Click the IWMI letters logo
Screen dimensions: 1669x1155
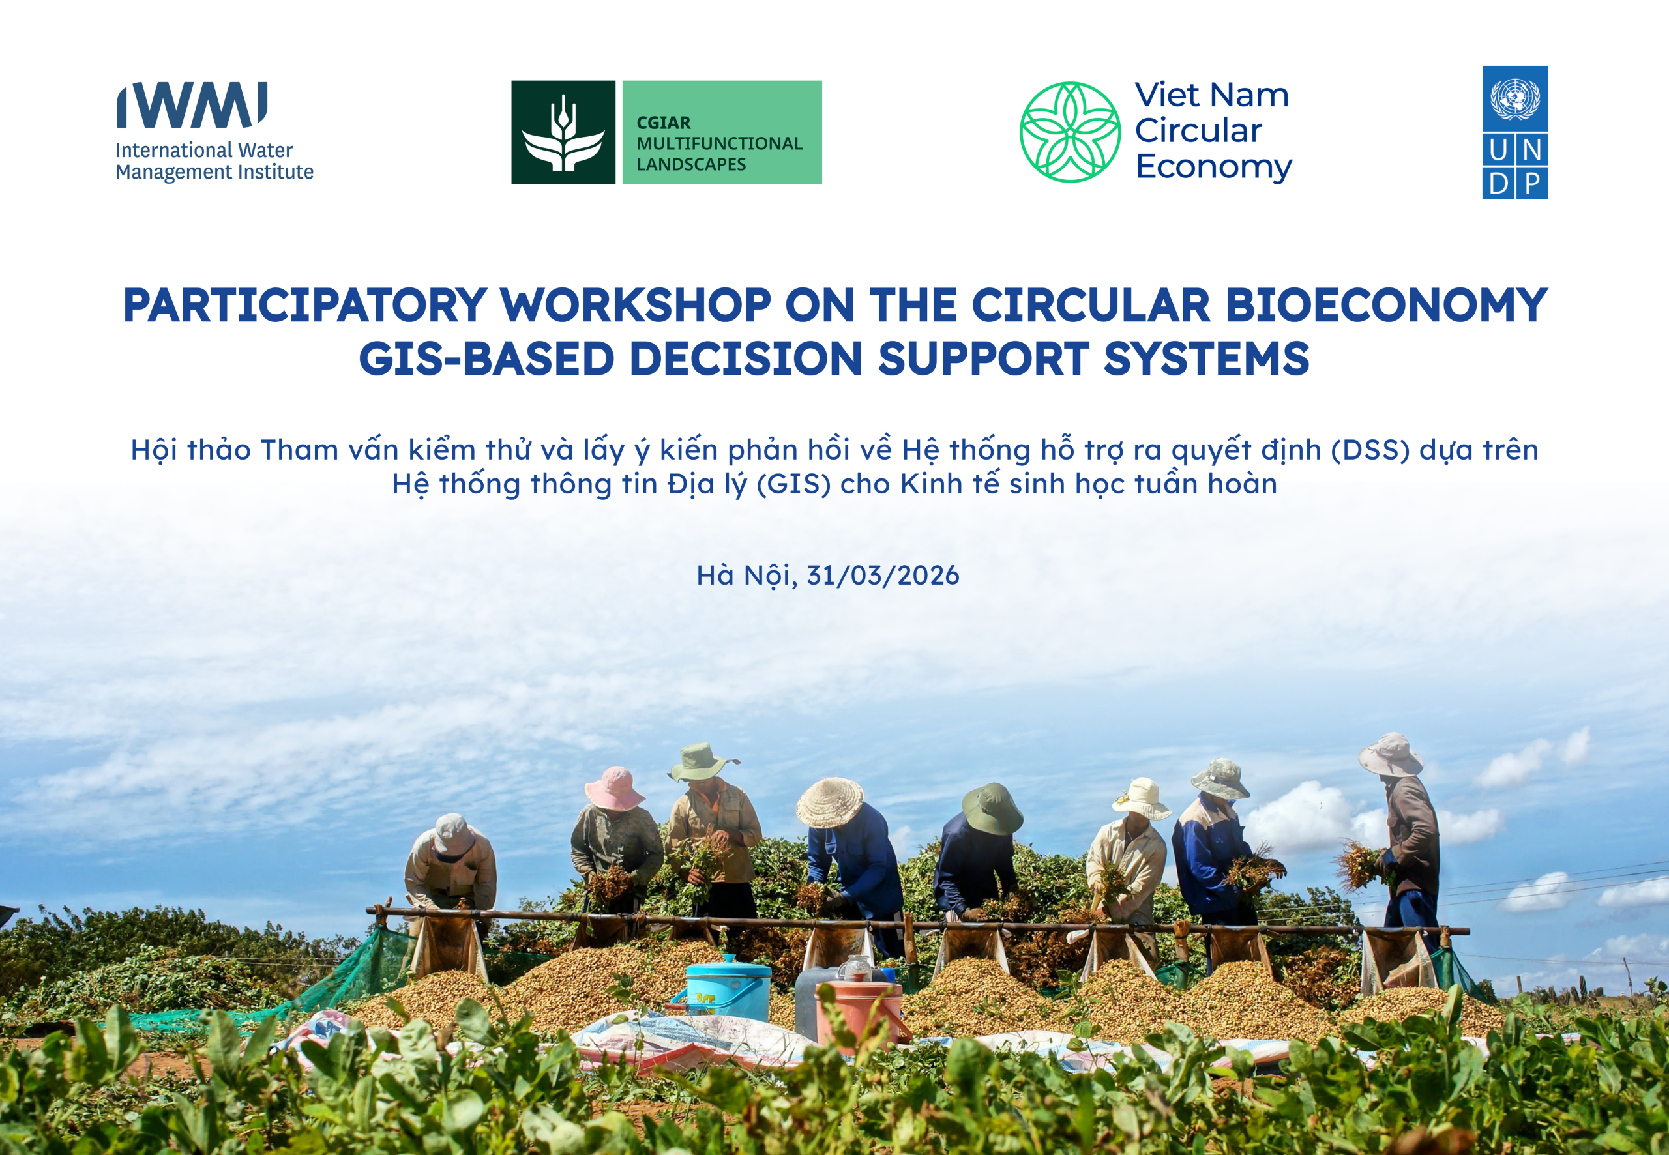click(192, 105)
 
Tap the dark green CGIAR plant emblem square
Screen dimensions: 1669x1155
click(563, 132)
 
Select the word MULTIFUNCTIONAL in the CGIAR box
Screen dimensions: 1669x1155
click(719, 143)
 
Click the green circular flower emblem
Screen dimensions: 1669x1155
click(1070, 132)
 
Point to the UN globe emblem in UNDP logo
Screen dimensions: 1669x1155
click(1515, 98)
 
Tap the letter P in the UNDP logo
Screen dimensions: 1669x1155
click(1531, 184)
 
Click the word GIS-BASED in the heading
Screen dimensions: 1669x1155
click(486, 359)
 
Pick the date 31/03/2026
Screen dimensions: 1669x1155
click(882, 576)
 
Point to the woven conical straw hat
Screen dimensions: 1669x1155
click(829, 802)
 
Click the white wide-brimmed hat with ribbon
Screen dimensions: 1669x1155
click(1142, 798)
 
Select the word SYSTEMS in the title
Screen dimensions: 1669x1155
click(1207, 359)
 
